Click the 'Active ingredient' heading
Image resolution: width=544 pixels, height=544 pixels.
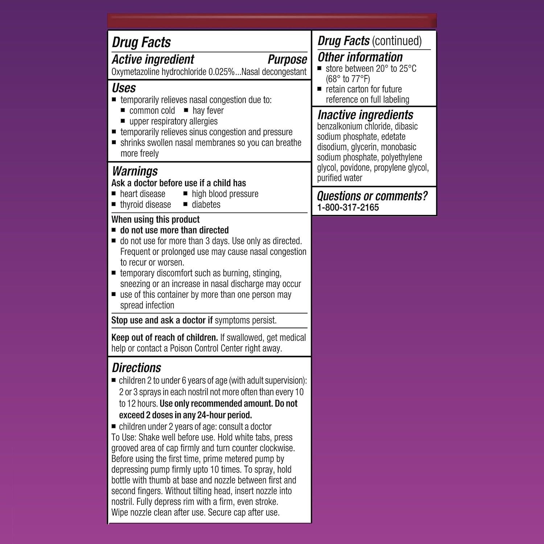coord(153,59)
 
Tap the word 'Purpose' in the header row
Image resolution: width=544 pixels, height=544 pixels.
coord(287,59)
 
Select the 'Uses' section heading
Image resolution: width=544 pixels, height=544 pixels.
coord(124,88)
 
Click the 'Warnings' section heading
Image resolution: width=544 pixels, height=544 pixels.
coord(135,171)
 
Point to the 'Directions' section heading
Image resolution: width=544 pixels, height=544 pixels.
coord(136,368)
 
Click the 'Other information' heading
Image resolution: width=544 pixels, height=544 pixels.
coord(360,57)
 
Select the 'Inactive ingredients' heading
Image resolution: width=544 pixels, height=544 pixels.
coord(365,115)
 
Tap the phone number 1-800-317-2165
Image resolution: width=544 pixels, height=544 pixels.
coord(348,207)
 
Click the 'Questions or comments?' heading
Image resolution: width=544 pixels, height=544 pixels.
coord(372,196)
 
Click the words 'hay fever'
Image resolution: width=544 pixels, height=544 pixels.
coord(208,111)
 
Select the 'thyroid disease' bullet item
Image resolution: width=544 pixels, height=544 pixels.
coord(145,205)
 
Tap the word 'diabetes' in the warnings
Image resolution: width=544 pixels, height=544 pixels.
coord(206,205)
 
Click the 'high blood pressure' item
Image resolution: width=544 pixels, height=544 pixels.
coord(225,194)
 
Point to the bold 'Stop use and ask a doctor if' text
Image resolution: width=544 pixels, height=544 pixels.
coord(162,321)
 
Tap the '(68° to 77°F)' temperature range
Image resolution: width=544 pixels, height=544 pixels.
coord(348,79)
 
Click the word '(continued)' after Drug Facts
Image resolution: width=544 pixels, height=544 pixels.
coord(397,41)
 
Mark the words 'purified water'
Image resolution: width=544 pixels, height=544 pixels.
coord(339,178)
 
